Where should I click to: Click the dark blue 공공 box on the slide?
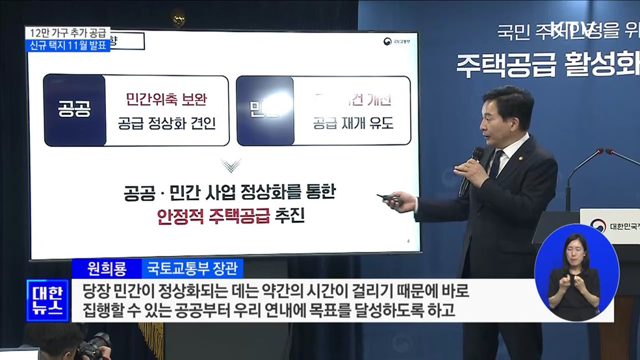[75, 110]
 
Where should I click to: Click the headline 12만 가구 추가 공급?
[68, 32]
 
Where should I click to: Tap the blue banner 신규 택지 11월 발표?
[68, 45]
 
